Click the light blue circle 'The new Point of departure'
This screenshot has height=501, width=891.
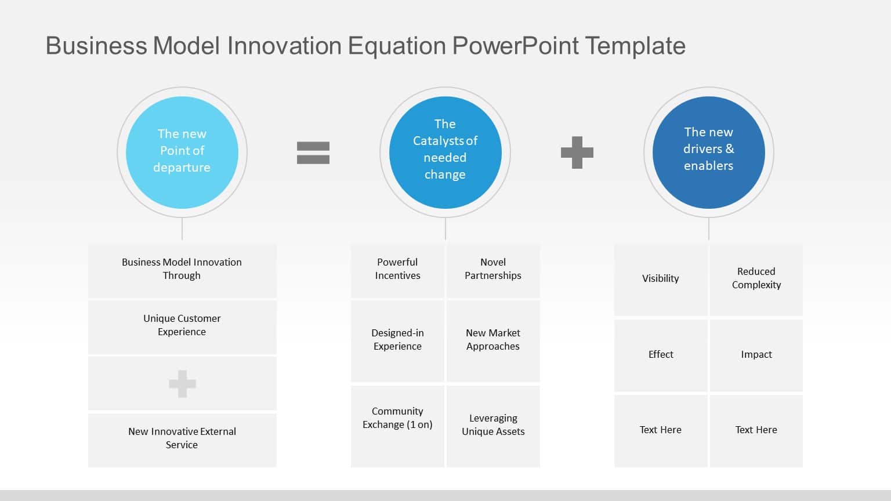pyautogui.click(x=182, y=152)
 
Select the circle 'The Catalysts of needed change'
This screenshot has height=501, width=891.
pyautogui.click(x=445, y=152)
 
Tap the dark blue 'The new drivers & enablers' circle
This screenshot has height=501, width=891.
pyautogui.click(x=708, y=152)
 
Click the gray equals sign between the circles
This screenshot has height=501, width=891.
pyautogui.click(x=313, y=153)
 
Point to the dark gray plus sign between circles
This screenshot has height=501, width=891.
pyautogui.click(x=577, y=153)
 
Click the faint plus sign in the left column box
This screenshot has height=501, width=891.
pyautogui.click(x=182, y=384)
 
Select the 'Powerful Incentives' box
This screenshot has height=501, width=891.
pyautogui.click(x=397, y=270)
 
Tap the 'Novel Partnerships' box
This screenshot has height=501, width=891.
pyautogui.click(x=493, y=270)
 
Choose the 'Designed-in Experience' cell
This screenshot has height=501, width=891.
pyautogui.click(x=397, y=340)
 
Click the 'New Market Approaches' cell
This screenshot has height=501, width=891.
pyautogui.click(x=493, y=340)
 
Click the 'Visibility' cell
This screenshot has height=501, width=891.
pyautogui.click(x=660, y=279)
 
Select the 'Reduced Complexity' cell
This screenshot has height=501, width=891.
pyautogui.click(x=756, y=279)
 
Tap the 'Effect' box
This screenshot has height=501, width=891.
pyautogui.click(x=660, y=355)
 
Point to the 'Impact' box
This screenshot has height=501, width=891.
pyautogui.click(x=756, y=355)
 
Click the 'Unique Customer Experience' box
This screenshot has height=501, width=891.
pyautogui.click(x=182, y=326)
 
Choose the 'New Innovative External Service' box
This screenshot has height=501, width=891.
pyautogui.click(x=182, y=439)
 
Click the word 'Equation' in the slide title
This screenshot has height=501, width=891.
pyautogui.click(x=397, y=46)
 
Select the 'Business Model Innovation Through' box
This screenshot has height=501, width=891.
pyautogui.click(x=182, y=270)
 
